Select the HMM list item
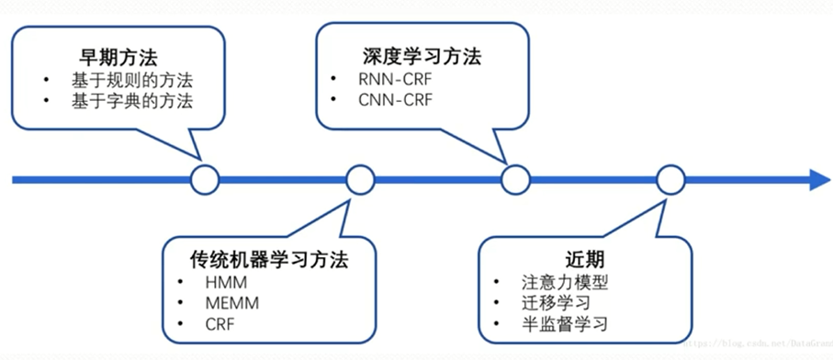click(226, 281)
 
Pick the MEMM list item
click(231, 302)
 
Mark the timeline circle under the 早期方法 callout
click(204, 179)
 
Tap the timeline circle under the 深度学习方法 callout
click(515, 179)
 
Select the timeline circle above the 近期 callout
click(670, 179)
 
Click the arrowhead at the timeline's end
click(816, 179)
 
